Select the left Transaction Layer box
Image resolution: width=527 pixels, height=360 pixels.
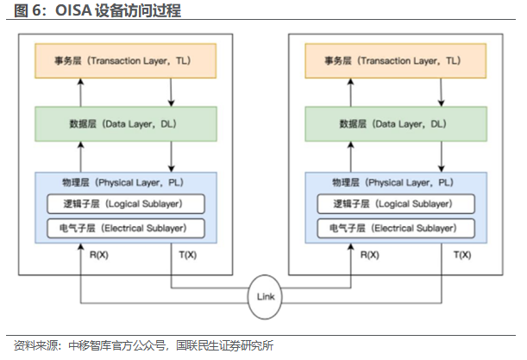click(126, 60)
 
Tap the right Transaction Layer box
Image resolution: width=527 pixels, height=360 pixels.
click(392, 60)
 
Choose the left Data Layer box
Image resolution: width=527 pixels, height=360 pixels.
click(126, 123)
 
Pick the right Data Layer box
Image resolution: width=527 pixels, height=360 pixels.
click(392, 123)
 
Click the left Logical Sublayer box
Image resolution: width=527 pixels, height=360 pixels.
click(126, 205)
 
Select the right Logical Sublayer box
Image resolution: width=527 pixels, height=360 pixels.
click(392, 205)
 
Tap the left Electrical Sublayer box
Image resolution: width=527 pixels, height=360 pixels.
click(126, 229)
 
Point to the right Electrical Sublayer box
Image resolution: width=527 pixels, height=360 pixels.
click(392, 229)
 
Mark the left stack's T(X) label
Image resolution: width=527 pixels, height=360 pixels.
click(185, 255)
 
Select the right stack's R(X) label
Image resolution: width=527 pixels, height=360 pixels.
click(368, 255)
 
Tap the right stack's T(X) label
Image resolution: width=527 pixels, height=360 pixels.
click(461, 255)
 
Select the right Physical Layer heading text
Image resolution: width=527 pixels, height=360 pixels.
click(392, 182)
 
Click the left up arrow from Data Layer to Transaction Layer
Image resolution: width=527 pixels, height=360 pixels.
click(79, 92)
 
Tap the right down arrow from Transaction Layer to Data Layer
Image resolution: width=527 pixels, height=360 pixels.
click(441, 92)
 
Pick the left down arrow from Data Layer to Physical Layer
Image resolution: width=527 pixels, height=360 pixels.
click(173, 156)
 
